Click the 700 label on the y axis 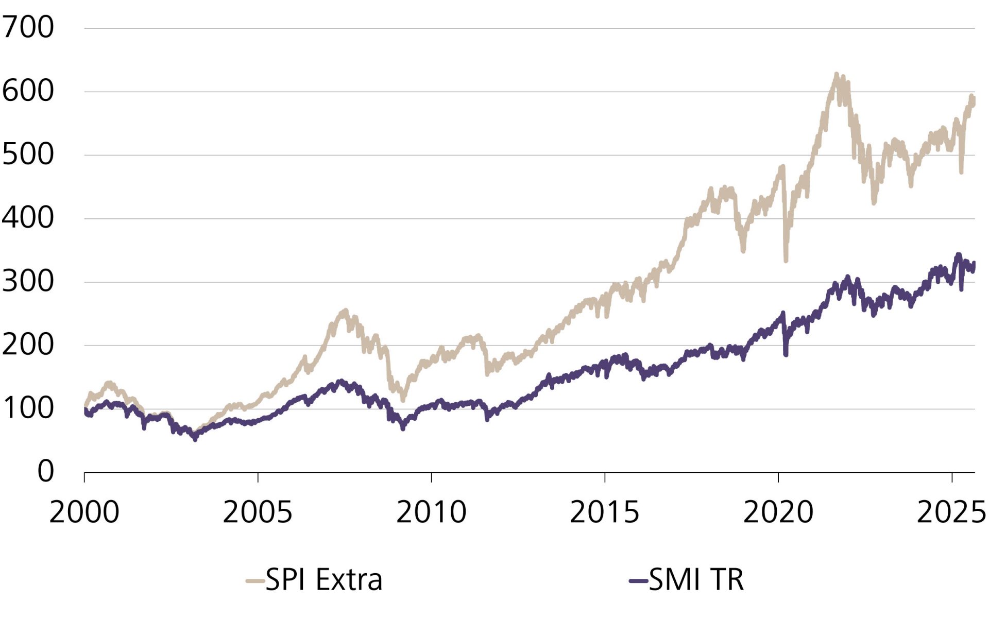point(28,27)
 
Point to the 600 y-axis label point(28,91)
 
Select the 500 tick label point(28,154)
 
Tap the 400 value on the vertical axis point(28,218)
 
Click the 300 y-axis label point(28,282)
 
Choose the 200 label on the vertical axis point(28,345)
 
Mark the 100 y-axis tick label point(28,408)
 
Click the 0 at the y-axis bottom point(45,471)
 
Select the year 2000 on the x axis point(84,512)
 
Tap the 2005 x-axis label point(258,512)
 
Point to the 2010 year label point(431,512)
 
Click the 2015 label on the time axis point(604,512)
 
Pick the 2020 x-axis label point(778,512)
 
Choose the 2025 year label point(951,512)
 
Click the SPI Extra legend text point(324,580)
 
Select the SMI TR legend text point(696,580)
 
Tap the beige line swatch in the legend point(255,581)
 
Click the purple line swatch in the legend point(638,581)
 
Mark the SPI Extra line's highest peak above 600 point(836,75)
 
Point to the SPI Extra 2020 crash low point(786,260)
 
